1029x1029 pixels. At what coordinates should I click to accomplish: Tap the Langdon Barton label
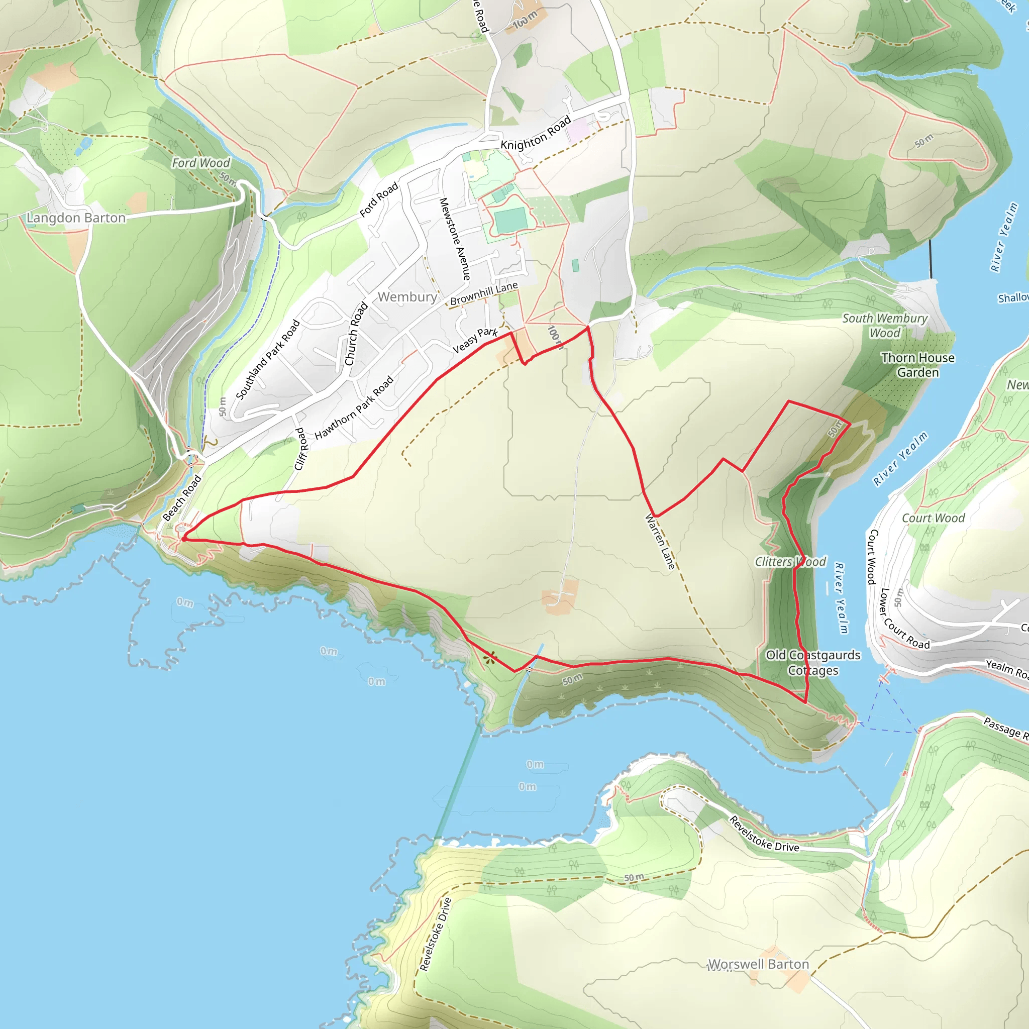pos(76,218)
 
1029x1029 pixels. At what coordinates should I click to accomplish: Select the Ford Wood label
pos(201,163)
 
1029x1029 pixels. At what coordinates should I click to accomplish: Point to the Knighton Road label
pos(535,133)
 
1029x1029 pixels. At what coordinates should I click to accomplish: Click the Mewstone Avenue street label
pos(454,239)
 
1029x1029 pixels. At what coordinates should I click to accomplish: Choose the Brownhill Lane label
pos(484,293)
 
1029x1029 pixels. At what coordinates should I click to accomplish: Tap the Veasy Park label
pos(474,340)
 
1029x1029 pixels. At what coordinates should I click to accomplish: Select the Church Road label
pos(356,334)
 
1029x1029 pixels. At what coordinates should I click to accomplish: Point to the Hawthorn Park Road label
pos(354,407)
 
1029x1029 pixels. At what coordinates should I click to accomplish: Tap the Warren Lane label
pos(660,541)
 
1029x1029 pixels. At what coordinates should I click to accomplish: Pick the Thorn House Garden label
pos(917,365)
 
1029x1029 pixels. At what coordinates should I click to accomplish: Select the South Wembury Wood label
pos(885,326)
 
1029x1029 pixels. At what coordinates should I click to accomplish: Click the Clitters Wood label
pos(790,562)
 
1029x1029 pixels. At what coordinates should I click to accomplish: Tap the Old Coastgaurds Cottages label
pos(813,663)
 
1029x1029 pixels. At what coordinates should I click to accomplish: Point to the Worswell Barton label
pos(758,965)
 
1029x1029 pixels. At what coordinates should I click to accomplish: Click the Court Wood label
pos(933,518)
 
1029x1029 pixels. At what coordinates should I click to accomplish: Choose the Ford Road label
pos(379,200)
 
